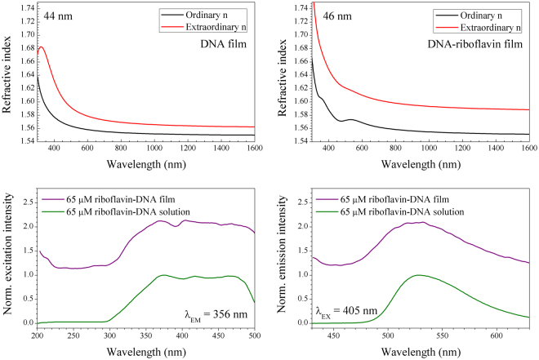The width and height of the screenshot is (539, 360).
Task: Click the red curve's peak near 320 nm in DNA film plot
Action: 41,47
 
